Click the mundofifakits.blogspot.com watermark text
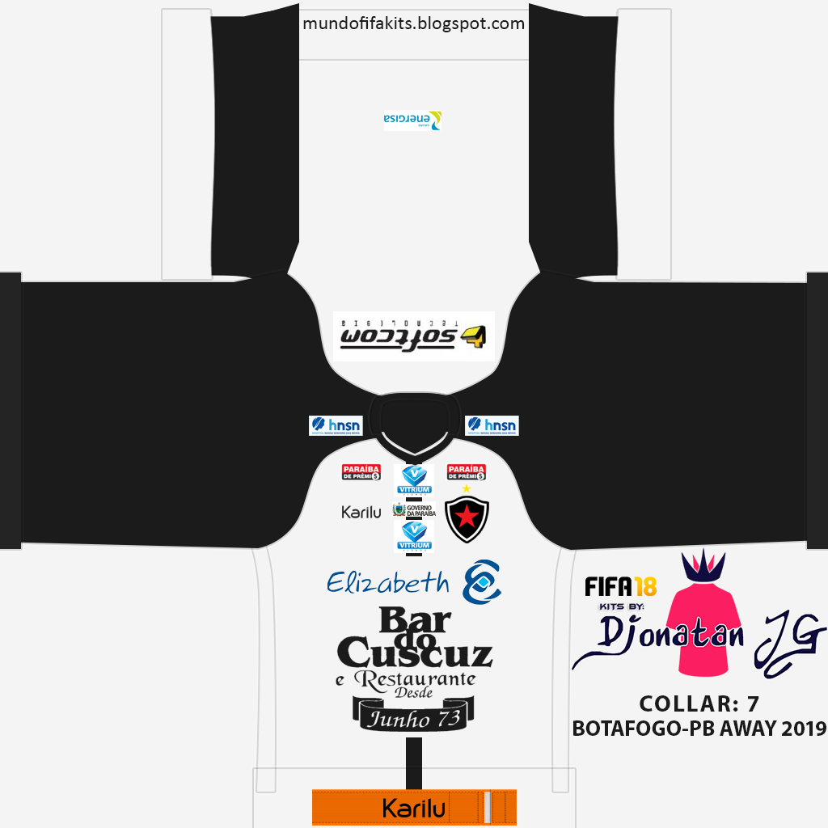tap(413, 23)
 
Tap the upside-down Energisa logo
tap(412, 120)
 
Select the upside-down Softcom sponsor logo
tap(413, 335)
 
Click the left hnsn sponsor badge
tap(335, 425)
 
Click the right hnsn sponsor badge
tap(492, 425)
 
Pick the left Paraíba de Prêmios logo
tap(361, 472)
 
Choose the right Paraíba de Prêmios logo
tap(467, 472)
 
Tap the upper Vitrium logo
tap(414, 479)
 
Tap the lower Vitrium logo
tap(414, 536)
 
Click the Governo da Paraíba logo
tap(414, 510)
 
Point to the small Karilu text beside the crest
tap(361, 512)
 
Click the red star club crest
tap(467, 518)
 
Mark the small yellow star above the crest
tap(466, 488)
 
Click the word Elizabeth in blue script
tap(388, 582)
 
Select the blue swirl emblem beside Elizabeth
tap(481, 581)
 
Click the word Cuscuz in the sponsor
tap(414, 652)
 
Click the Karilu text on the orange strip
tap(414, 809)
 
